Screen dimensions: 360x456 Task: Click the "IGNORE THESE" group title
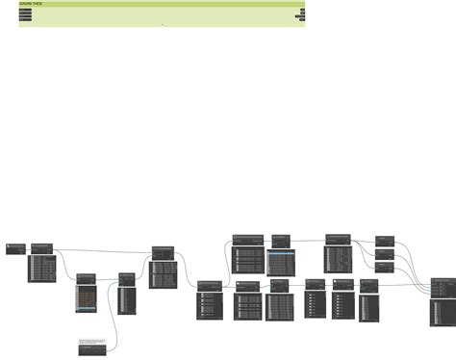(31, 4)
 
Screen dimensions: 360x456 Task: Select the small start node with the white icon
(14, 249)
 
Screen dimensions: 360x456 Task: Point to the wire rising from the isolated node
(115, 327)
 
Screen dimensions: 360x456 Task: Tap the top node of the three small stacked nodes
(385, 239)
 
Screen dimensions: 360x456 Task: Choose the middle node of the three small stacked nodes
(385, 253)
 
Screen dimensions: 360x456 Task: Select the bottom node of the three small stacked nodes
(385, 267)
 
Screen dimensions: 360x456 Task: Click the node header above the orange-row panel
(87, 277)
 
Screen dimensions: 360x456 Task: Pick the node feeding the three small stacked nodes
(339, 238)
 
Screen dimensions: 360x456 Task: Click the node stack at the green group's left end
(24, 15)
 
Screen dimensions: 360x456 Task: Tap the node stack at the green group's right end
(301, 15)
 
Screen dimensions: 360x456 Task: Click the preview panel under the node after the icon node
(43, 267)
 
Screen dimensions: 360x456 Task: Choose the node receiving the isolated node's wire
(127, 278)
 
